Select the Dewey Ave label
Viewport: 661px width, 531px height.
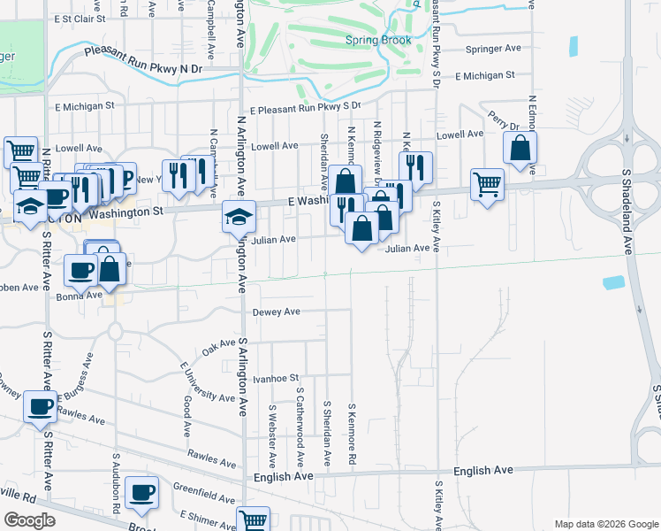pos(277,312)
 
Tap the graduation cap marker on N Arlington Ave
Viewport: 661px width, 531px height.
pos(238,216)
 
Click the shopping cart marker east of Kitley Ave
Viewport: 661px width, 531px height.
pos(487,184)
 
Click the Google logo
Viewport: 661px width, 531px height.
pos(28,520)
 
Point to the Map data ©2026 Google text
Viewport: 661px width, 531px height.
pos(604,524)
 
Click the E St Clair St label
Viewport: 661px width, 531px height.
pos(79,18)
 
